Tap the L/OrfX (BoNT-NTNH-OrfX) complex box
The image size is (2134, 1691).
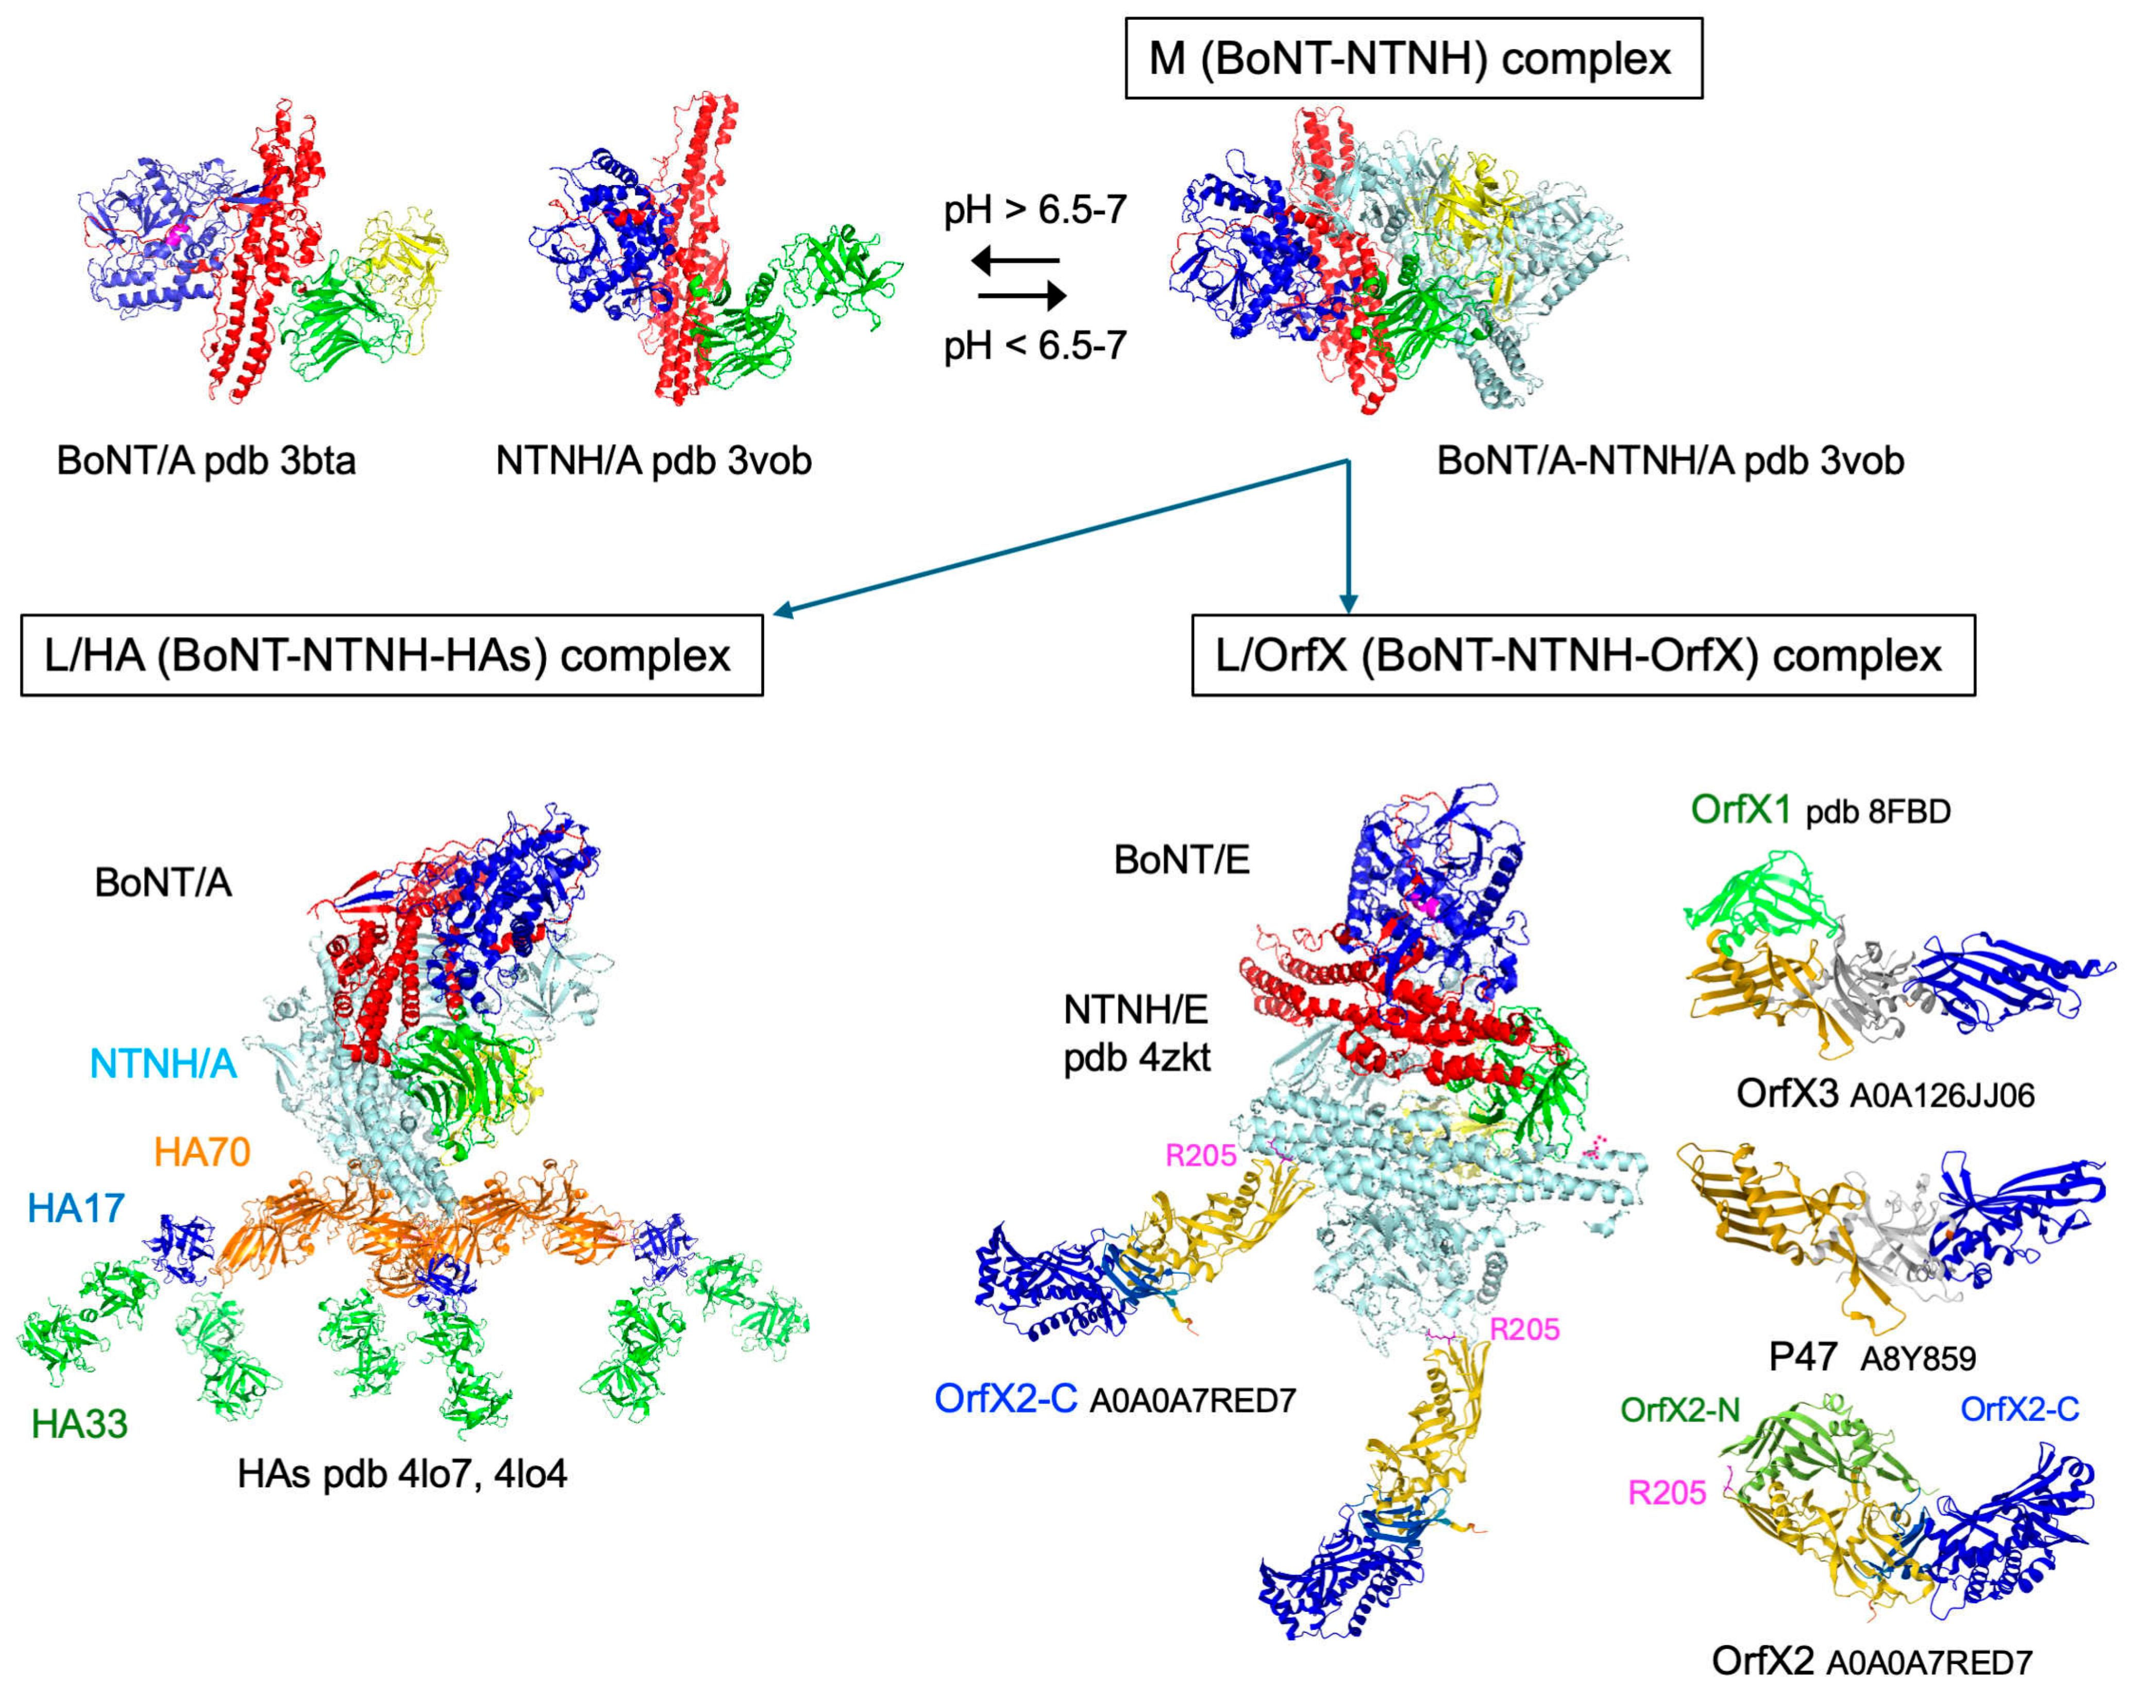(1583, 655)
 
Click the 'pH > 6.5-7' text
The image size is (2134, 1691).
(1034, 210)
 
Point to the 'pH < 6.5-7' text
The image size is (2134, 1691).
(1034, 345)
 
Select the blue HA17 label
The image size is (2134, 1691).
(76, 1208)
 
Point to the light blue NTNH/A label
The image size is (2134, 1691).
(163, 1063)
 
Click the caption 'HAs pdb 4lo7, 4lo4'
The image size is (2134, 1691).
(402, 1474)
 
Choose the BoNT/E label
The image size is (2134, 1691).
(1182, 860)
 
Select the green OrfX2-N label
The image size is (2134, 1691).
(1679, 1409)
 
